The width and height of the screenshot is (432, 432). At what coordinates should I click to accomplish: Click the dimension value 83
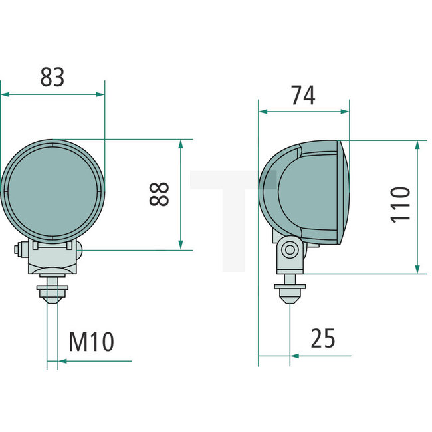53,77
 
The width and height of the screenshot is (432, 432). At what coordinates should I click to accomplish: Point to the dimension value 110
401,205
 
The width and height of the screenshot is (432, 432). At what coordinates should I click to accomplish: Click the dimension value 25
323,339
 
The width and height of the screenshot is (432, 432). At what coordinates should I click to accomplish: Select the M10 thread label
92,342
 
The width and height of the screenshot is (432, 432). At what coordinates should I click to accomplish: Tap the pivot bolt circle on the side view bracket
289,250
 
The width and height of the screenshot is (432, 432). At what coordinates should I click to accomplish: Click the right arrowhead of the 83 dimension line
101,94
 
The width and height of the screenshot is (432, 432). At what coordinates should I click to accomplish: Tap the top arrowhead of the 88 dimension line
181,143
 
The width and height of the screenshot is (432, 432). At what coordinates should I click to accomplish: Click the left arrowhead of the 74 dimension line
263,112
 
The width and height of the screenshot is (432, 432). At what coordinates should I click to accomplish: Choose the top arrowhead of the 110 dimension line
417,144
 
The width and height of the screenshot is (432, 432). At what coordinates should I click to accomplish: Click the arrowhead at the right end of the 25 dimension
294,356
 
